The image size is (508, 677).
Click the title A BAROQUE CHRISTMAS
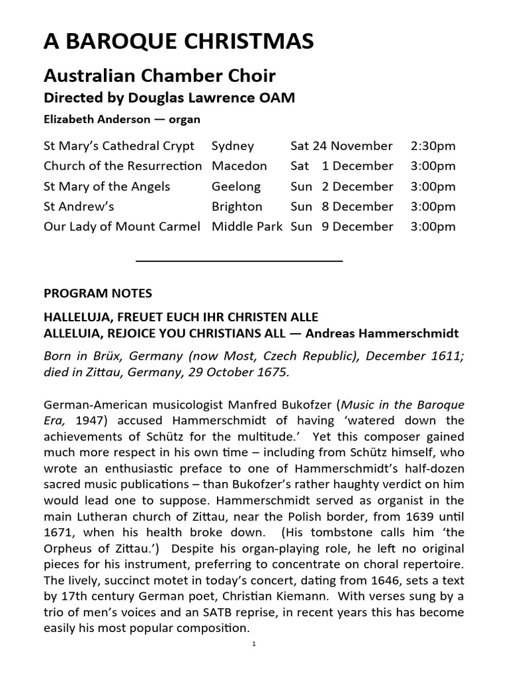[179, 42]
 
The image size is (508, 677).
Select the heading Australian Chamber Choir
[159, 75]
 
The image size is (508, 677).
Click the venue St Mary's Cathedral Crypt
[119, 145]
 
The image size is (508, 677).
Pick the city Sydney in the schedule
[232, 145]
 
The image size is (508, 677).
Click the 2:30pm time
[433, 145]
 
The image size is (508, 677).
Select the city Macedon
[239, 166]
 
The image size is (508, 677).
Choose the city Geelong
[236, 186]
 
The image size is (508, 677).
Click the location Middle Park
[247, 226]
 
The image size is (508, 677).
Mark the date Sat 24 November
[341, 145]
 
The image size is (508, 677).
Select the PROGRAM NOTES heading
[97, 293]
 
